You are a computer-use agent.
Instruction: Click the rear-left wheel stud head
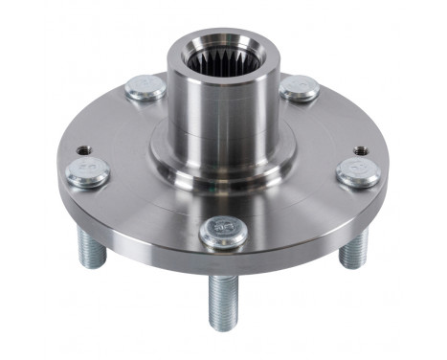tap(145, 88)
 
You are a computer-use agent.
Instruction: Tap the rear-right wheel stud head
tap(300, 88)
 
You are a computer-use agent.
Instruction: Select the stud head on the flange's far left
tap(88, 172)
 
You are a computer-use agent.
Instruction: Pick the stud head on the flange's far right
tap(359, 172)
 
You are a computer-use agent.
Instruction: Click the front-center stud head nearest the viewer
tap(223, 232)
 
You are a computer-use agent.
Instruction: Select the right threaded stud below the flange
tap(354, 249)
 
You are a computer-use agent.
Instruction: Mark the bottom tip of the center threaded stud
tap(223, 326)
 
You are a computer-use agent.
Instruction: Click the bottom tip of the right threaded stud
tap(354, 265)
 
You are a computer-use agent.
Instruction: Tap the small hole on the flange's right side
tap(360, 150)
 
